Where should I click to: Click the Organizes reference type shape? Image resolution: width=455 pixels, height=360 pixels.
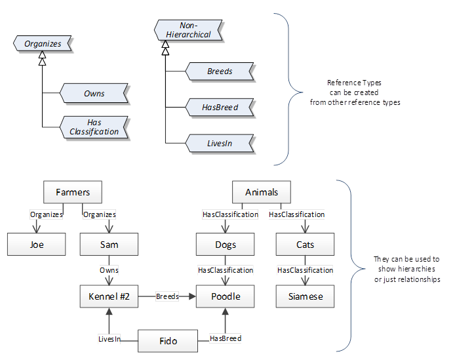coord(42,44)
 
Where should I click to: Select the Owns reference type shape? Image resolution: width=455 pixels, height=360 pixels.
coord(93,93)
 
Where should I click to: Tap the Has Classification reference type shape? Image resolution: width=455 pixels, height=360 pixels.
coord(93,127)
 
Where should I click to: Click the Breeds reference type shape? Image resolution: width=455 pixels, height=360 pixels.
coord(219,71)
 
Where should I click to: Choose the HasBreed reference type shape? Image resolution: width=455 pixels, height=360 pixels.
coord(219,107)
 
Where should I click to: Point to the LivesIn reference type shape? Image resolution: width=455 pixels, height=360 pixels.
coord(219,142)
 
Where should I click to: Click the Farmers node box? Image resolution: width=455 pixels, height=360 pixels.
coord(73,192)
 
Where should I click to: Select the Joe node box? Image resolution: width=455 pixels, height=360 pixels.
coord(37,245)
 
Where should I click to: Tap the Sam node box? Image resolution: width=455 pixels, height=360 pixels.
coord(109,245)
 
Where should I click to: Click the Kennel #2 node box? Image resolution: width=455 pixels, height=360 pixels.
coord(109,296)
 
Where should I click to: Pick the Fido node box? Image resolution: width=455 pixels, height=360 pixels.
coord(168,341)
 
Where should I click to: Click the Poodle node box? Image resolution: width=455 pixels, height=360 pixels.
coord(226,296)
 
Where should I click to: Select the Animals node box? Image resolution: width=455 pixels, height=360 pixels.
coord(262,192)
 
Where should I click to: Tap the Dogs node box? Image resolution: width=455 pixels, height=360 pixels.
coord(226,245)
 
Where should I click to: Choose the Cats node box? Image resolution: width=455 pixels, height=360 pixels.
coord(305,245)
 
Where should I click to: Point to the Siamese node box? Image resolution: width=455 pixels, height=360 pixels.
coord(305,296)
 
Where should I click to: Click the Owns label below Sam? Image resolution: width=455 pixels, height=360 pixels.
coord(109,270)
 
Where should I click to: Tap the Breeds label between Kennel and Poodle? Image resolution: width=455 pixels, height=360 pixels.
coord(167,296)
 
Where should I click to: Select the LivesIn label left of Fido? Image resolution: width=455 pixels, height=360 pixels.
coord(109,338)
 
